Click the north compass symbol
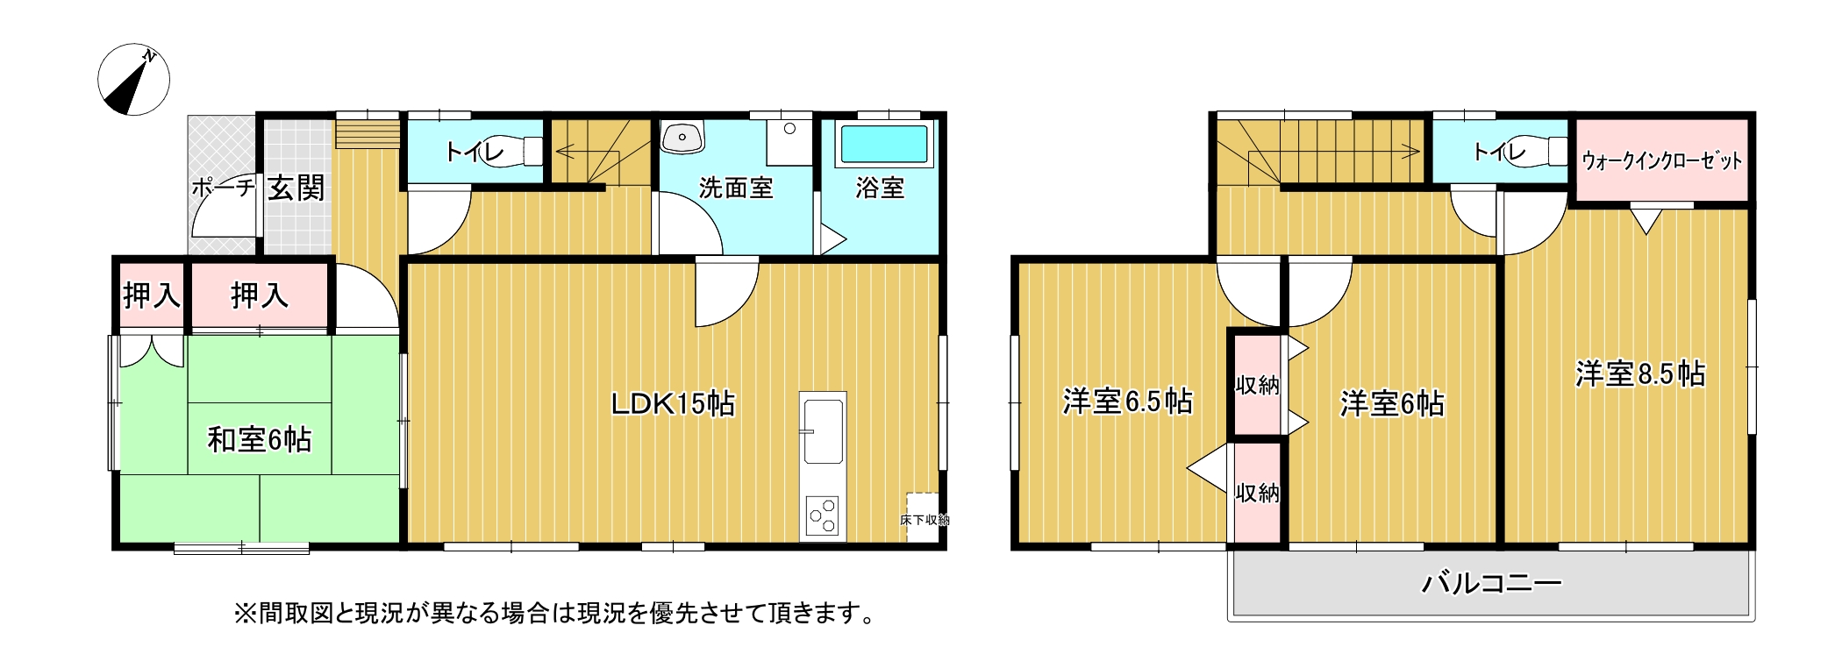(133, 80)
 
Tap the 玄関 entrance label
(296, 188)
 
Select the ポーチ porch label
(223, 187)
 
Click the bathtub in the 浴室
(884, 145)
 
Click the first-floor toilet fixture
(513, 151)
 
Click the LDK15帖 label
(673, 403)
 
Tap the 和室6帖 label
(260, 439)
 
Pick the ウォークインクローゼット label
(1661, 161)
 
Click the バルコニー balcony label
(1491, 583)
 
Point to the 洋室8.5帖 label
(1640, 374)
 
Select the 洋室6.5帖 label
(1127, 402)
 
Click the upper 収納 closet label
(1257, 384)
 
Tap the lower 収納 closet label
(1257, 494)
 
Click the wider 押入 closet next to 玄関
(260, 295)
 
